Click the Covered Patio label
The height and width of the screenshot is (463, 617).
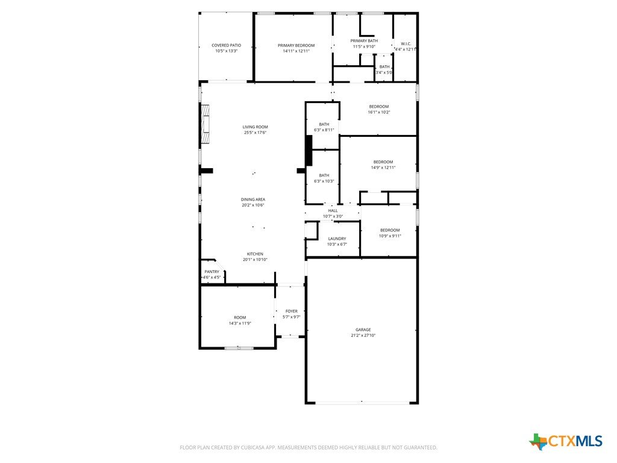[227, 45]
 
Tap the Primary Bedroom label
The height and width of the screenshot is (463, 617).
[296, 45]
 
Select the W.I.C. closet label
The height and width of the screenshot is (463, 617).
[406, 43]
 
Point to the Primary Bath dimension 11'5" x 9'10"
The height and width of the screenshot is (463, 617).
[364, 46]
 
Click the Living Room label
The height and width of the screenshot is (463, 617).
[255, 127]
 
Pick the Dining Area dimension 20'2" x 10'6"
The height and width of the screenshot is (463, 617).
[253, 205]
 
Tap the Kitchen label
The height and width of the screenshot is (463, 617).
[255, 254]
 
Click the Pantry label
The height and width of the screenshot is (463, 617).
[211, 272]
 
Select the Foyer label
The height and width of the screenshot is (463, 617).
[292, 311]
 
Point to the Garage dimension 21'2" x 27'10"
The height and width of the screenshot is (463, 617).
[363, 335]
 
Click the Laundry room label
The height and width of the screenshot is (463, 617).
[337, 239]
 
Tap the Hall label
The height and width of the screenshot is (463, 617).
[333, 210]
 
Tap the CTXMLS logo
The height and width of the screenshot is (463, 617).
[566, 441]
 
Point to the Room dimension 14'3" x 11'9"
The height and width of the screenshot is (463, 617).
[240, 323]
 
